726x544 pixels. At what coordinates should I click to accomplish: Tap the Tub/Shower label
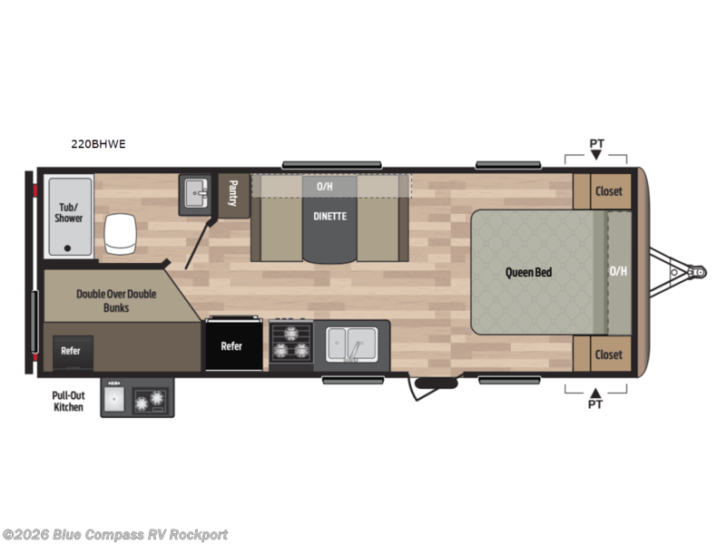(68, 212)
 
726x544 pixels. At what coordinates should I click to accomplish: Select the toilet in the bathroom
(119, 236)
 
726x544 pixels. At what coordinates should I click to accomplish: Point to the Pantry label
(232, 194)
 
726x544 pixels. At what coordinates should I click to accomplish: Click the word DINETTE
(329, 216)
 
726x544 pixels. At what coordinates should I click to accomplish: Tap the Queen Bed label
(529, 272)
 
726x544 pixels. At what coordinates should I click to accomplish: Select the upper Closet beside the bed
(608, 190)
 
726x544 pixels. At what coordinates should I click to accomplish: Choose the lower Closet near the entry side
(608, 354)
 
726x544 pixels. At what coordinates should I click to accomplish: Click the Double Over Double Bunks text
(115, 300)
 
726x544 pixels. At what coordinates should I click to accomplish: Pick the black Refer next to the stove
(232, 345)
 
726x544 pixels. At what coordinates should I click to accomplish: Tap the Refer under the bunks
(71, 351)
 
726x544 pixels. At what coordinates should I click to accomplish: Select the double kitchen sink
(351, 344)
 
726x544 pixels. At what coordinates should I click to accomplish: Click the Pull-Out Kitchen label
(68, 402)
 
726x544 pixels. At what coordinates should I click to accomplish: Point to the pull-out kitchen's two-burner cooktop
(148, 400)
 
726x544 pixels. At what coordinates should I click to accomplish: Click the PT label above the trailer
(596, 143)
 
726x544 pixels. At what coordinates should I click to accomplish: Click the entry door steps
(435, 388)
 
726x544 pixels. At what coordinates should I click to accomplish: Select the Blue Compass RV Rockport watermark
(115, 535)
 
